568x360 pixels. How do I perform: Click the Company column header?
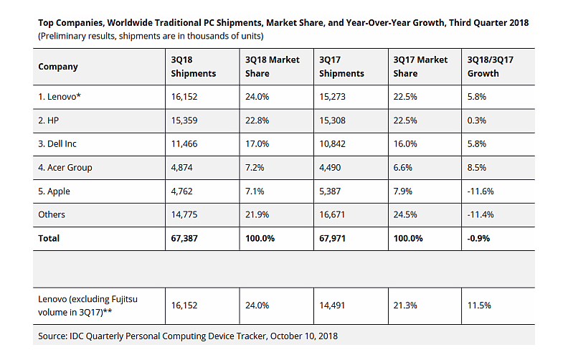pos(58,67)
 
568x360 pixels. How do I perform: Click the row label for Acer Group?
pos(65,167)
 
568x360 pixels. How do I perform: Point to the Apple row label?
pos(55,191)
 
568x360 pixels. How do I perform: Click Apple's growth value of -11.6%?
pos(479,191)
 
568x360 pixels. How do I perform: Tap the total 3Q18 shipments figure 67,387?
pos(186,238)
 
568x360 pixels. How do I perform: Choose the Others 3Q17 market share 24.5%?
pos(405,214)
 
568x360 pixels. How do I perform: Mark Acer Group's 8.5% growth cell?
pos(476,167)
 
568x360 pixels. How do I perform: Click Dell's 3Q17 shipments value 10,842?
pos(333,143)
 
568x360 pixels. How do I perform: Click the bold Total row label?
pos(49,238)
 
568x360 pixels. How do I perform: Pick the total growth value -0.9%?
pos(478,238)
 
